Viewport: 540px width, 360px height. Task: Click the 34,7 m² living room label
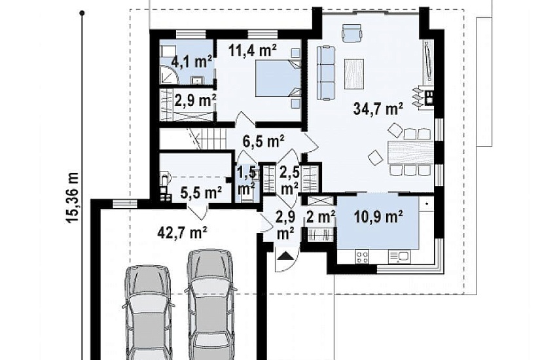(x=378, y=109)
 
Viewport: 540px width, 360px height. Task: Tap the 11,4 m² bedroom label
(x=253, y=50)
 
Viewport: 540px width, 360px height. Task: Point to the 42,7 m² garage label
(x=182, y=232)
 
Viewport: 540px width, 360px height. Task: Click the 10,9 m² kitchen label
(x=378, y=217)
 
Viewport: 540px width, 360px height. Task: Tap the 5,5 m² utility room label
(x=202, y=193)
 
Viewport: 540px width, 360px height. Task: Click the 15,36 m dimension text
(x=73, y=198)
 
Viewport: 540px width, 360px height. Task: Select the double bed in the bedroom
(x=277, y=78)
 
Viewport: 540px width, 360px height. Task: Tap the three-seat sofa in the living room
(x=326, y=73)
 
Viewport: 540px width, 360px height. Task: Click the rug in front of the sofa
(x=354, y=74)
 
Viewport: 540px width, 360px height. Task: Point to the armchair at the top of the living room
(x=351, y=33)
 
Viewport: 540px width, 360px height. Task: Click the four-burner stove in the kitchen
(x=362, y=257)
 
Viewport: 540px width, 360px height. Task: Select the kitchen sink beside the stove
(x=399, y=257)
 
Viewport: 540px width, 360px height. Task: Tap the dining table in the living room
(x=409, y=152)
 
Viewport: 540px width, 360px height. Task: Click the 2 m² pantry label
(x=320, y=217)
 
